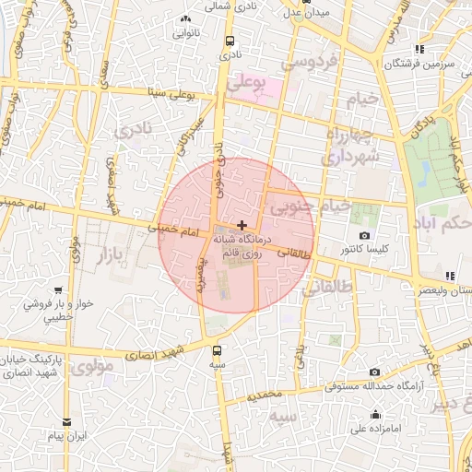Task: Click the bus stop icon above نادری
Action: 230,41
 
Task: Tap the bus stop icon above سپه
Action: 217,350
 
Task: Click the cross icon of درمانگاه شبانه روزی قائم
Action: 242,225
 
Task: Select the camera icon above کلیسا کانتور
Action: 365,236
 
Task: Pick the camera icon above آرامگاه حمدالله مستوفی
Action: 374,372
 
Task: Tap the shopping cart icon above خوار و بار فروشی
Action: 59,289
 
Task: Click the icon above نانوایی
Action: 187,18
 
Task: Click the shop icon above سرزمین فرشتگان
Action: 419,49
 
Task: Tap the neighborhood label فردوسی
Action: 311,63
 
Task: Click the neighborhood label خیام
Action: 362,99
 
